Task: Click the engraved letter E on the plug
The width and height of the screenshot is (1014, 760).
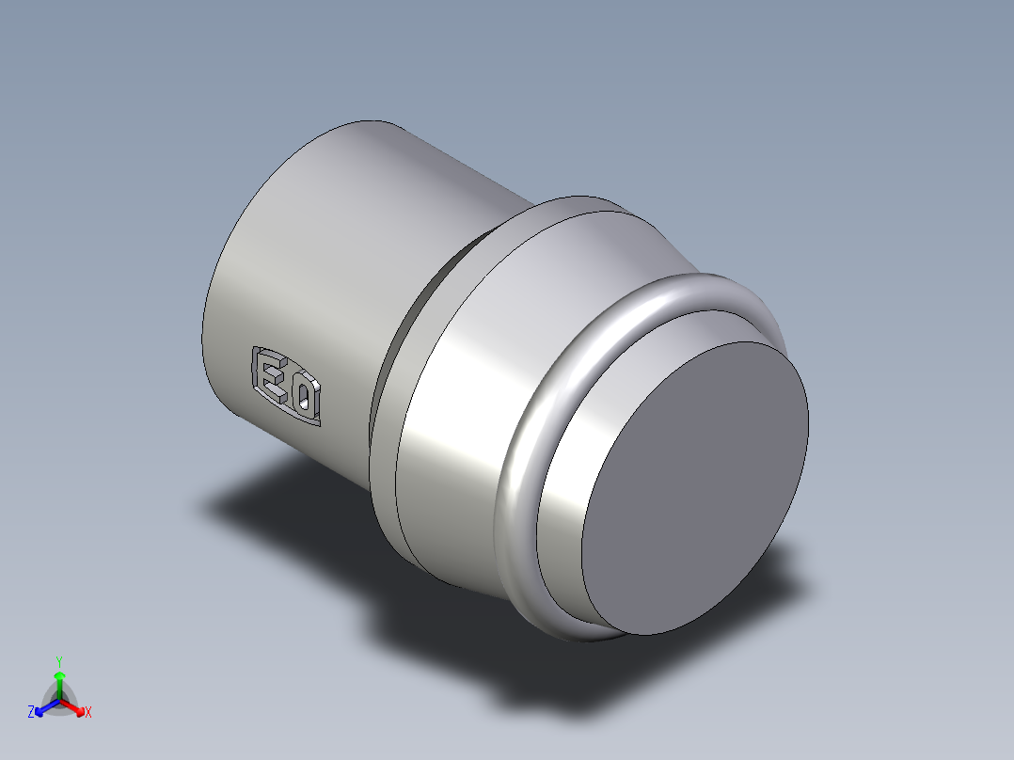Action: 272,375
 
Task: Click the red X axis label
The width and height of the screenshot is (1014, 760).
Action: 88,713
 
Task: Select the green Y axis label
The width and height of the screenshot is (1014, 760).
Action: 58,660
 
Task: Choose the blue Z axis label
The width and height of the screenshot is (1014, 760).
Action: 31,713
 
